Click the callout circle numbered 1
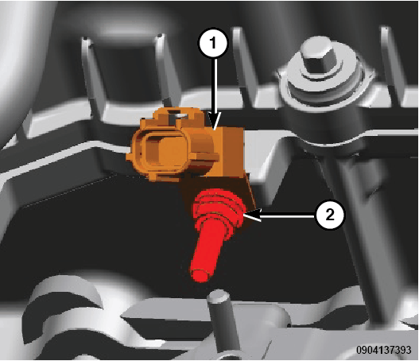[213, 43]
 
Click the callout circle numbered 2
[330, 215]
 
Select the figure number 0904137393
[383, 350]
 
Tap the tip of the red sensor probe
[199, 275]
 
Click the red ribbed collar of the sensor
[219, 206]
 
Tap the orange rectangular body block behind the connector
[227, 153]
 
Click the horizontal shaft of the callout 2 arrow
[288, 215]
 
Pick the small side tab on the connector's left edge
[129, 157]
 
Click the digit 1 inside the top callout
[213, 43]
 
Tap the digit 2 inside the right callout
[330, 215]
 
